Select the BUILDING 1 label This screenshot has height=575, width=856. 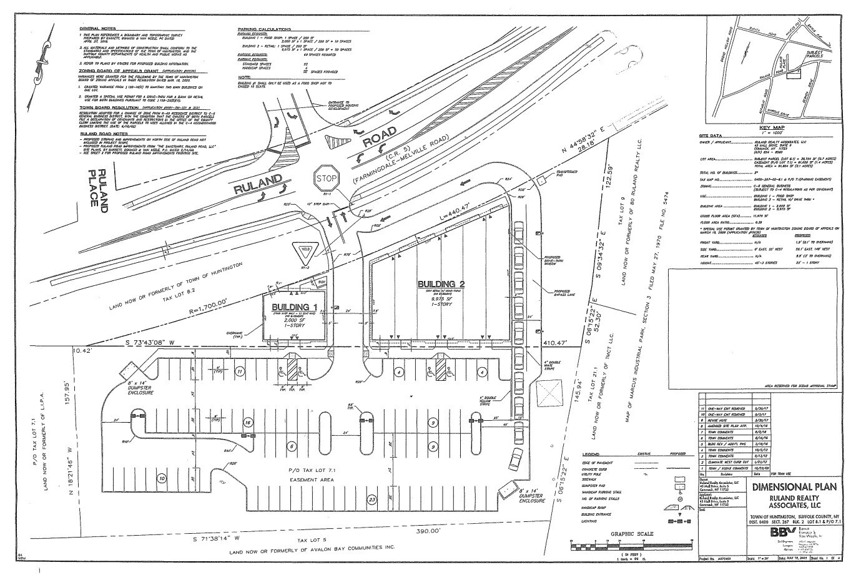coord(294,307)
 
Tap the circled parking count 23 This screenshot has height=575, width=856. coord(372,499)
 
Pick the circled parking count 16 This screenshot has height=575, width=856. coord(248,423)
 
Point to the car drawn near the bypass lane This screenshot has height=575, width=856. coord(516,460)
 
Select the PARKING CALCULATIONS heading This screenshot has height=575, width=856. coord(265,29)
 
